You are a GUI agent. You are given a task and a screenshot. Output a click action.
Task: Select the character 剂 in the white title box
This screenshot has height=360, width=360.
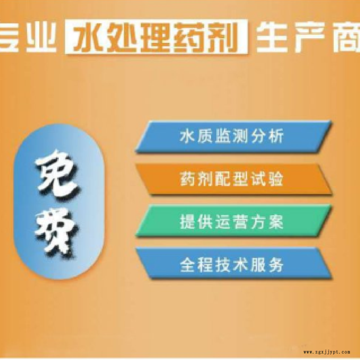[x=222, y=37]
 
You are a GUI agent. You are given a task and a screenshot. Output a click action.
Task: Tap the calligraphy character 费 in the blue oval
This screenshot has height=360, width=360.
[x=56, y=232]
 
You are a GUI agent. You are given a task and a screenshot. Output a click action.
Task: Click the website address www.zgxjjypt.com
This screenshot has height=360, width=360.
[x=327, y=352]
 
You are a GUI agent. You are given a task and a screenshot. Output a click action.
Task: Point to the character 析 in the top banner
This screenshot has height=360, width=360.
[x=276, y=136]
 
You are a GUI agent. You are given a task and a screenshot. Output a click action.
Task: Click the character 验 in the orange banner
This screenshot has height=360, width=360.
[x=276, y=179]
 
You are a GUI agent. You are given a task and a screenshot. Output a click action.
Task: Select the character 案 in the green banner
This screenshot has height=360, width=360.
[x=276, y=221]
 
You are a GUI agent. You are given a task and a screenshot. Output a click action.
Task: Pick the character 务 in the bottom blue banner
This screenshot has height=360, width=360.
[x=276, y=265]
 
